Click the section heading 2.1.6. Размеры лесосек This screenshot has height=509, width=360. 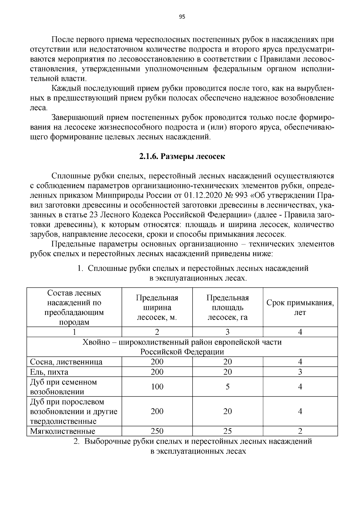[182, 157]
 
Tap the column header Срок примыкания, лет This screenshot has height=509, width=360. [300, 307]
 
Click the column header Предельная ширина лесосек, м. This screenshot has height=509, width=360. [157, 307]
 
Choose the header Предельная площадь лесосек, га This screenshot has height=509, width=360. [227, 307]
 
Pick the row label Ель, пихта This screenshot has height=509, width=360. [49, 372]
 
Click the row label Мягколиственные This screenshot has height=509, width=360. [63, 431]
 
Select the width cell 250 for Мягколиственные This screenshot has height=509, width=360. [157, 431]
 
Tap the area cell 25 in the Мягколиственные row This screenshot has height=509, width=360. [227, 431]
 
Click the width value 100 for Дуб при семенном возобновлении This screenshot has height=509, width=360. [157, 387]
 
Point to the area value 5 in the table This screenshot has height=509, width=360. [227, 387]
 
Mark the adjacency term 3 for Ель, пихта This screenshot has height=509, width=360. [300, 372]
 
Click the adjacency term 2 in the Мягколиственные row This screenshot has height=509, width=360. [300, 431]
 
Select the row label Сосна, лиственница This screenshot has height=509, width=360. [66, 362]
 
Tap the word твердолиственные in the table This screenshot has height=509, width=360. [63, 421]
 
